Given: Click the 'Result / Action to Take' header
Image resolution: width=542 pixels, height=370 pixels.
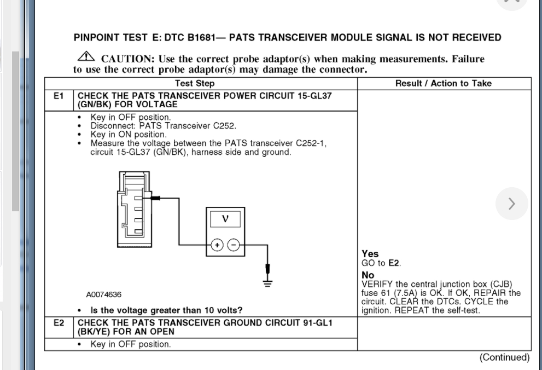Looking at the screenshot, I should coord(444,83).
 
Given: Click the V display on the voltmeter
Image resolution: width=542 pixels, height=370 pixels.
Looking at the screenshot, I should coord(224,220).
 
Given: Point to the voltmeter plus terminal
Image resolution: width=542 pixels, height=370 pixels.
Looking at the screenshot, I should coord(217,245).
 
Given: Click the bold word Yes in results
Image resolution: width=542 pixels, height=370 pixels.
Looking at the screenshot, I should coord(370,254).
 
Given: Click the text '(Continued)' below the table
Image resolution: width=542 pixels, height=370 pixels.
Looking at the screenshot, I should coord(504,357).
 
